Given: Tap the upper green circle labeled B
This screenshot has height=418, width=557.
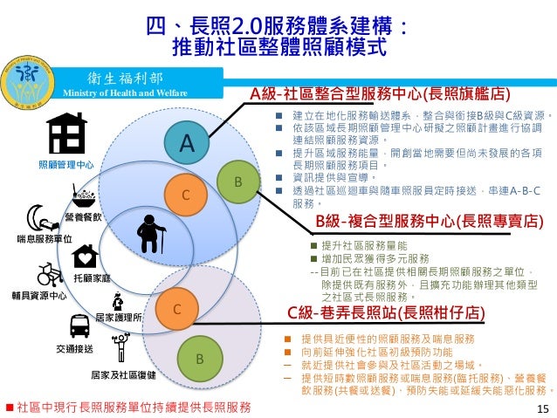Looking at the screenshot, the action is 237,181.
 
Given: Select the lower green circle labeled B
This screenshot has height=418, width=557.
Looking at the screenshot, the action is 199,359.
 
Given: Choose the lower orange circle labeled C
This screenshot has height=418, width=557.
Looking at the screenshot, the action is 175,308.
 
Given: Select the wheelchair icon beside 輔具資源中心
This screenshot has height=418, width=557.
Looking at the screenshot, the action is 50,275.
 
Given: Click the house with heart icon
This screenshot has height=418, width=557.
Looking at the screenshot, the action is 86,257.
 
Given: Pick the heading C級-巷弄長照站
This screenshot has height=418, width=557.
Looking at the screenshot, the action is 386,312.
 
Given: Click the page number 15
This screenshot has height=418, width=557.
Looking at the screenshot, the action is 543,408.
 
